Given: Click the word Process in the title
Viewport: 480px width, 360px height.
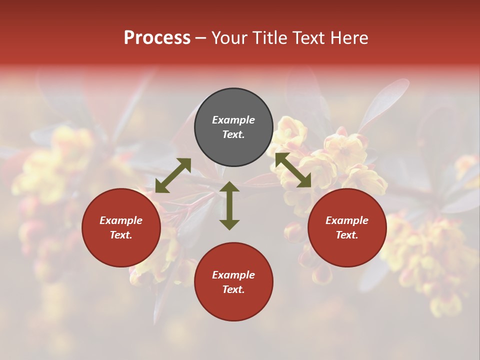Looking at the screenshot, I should (157, 38).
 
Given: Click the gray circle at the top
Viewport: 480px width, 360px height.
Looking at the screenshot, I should (233, 105).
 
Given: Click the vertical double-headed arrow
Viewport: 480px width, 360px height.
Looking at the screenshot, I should (229, 205).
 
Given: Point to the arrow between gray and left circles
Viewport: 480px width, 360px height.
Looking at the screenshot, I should (173, 175).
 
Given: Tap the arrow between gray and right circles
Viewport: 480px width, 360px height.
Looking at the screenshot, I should (293, 170).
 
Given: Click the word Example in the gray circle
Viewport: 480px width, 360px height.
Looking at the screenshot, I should (233, 120).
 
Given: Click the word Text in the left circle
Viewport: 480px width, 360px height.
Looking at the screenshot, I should (121, 235).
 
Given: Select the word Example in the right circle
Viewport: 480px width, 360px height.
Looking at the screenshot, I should (347, 220).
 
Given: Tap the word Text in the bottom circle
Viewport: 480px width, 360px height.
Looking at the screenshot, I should (233, 289).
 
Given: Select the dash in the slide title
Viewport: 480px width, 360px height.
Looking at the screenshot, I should (201, 38).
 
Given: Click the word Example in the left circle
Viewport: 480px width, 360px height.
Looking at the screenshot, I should (121, 220).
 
